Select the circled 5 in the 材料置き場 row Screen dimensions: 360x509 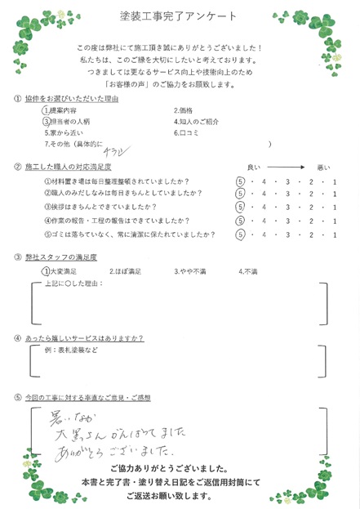(240, 181)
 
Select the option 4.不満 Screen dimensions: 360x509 (248, 271)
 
